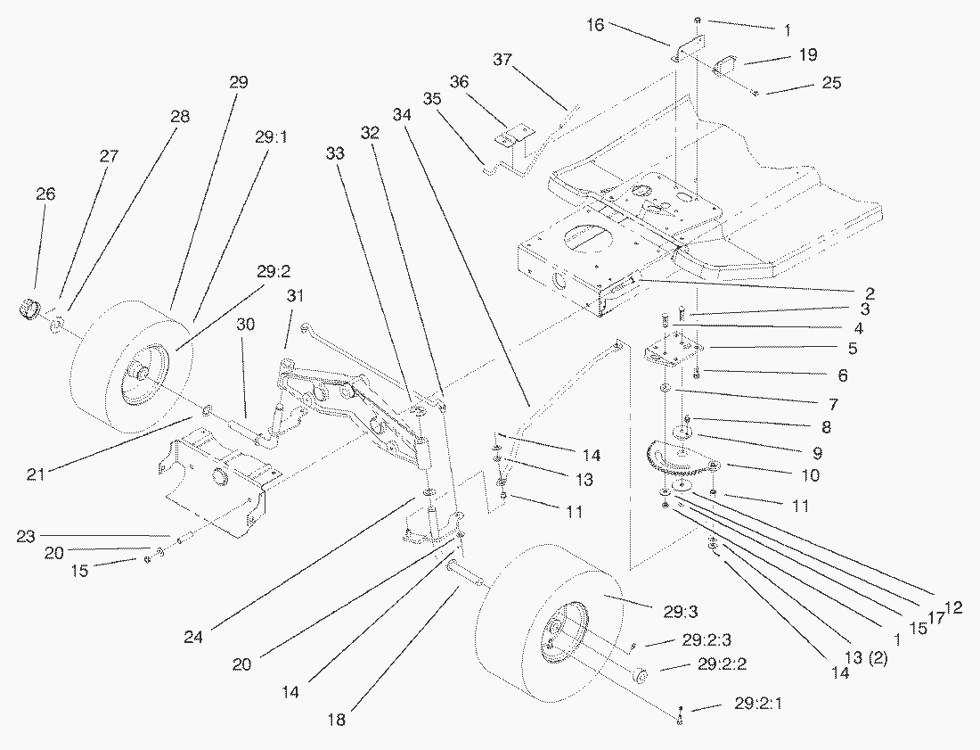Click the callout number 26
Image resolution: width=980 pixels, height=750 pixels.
point(45,194)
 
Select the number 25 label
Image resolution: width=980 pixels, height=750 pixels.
point(831,83)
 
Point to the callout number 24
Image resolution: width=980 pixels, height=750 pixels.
point(194,637)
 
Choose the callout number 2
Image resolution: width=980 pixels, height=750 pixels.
point(868,293)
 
